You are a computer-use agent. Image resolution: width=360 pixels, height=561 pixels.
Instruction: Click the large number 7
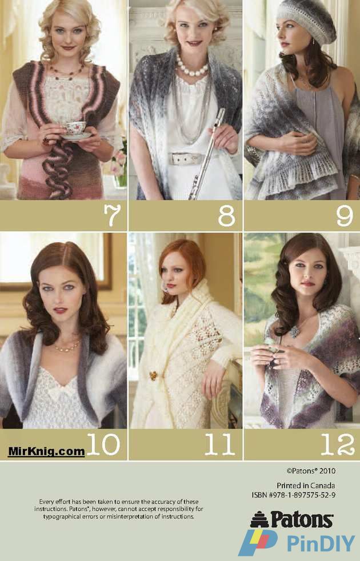(x=112, y=215)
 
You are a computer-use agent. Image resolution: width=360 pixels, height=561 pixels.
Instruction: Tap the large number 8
(x=226, y=216)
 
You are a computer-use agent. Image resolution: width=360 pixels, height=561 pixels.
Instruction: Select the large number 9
(x=344, y=216)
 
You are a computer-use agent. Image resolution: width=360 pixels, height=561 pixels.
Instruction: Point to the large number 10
(x=103, y=444)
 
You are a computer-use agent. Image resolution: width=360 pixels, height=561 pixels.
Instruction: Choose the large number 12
(x=338, y=444)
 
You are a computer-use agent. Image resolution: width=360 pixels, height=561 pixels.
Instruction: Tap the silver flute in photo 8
(x=208, y=154)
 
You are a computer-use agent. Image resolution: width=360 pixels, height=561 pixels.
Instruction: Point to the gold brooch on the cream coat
(x=153, y=375)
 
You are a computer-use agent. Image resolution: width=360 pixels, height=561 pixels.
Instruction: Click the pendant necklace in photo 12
(x=294, y=332)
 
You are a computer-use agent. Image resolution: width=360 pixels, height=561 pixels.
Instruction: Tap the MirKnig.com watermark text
(x=46, y=451)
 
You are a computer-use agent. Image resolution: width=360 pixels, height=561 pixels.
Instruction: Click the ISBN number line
(x=294, y=495)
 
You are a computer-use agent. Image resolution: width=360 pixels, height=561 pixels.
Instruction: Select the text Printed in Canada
(x=306, y=486)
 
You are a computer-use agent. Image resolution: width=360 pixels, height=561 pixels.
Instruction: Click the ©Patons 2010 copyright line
(x=311, y=471)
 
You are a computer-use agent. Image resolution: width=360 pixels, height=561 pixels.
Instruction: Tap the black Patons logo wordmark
(x=302, y=519)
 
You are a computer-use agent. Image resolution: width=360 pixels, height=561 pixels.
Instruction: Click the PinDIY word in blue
(x=321, y=543)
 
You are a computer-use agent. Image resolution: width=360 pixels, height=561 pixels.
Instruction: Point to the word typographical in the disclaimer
(x=63, y=516)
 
